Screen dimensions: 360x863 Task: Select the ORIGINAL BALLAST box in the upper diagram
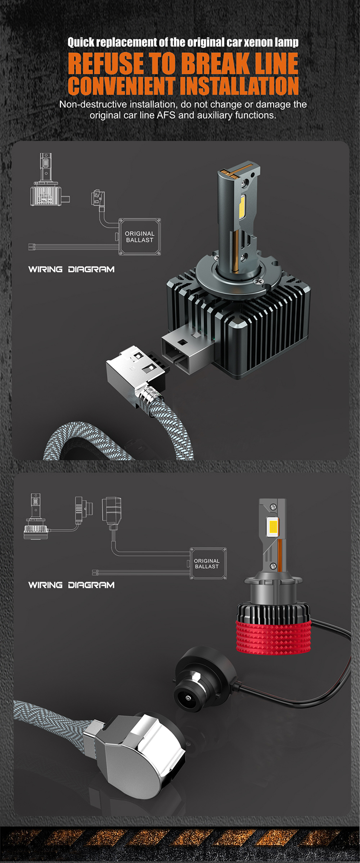tap(140, 237)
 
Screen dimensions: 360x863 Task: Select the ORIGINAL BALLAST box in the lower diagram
tap(207, 563)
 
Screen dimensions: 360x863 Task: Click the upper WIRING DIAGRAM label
tap(71, 269)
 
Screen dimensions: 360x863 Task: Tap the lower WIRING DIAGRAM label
tap(71, 585)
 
